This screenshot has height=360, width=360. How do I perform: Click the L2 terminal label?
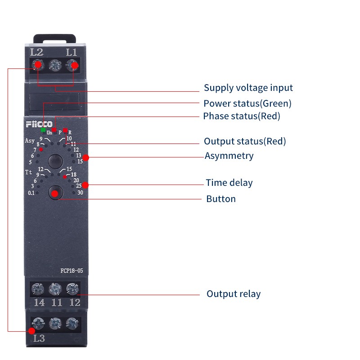37,52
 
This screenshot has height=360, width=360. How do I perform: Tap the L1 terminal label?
72,52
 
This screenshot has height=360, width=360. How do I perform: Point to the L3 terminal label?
39,338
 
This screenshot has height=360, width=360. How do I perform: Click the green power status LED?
43,130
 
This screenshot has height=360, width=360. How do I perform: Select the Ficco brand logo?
39,124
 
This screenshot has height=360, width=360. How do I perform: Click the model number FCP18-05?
72,271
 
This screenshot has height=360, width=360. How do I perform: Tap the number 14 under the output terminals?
39,302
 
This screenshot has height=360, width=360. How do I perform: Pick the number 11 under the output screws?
57,302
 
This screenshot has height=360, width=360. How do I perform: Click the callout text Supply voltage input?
248,88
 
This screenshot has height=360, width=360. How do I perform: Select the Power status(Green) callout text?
247,103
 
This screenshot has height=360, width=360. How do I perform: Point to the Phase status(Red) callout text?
242,116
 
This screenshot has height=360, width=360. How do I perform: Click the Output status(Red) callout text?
245,141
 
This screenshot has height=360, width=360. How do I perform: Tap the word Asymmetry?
229,156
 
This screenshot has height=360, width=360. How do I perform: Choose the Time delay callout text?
229,183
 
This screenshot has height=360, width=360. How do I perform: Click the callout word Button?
221,199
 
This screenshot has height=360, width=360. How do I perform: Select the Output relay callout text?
234,294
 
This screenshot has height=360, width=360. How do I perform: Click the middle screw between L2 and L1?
55,65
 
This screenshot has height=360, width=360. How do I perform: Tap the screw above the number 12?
72,289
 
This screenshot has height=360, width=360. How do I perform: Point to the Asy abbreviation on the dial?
30,140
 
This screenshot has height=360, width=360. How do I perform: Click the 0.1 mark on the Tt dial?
31,193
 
